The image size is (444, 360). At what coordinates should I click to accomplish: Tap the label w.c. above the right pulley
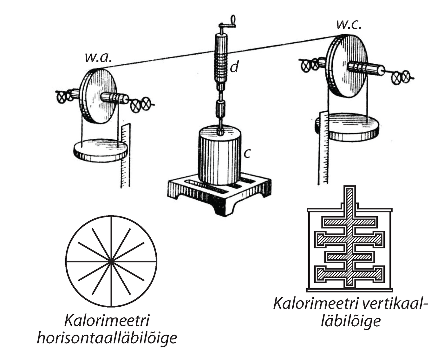coord(349,25)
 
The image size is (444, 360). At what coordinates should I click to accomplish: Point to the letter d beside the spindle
coord(234,67)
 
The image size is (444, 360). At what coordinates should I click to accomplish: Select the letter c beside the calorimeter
coord(247,153)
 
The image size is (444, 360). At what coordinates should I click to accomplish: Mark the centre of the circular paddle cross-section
coord(111,261)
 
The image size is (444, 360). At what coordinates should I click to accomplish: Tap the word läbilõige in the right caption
coord(351,321)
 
